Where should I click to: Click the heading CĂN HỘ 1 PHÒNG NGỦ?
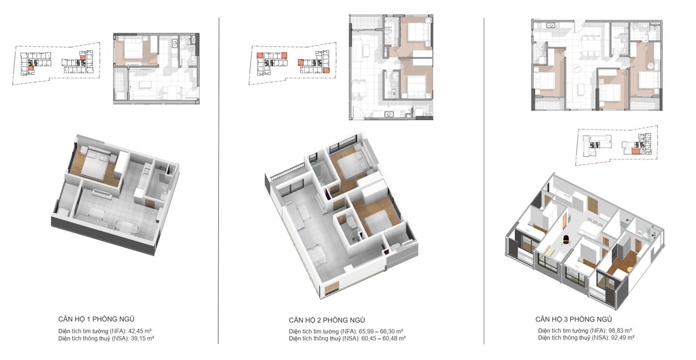[x=96, y=319]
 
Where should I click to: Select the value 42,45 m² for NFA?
[x=140, y=331]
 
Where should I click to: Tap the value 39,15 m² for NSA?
[x=142, y=338]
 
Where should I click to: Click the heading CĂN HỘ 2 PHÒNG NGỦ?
[x=327, y=320]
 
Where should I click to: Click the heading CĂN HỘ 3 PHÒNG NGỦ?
[x=574, y=319]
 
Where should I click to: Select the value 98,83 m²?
[x=620, y=331]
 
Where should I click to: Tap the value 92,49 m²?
[x=622, y=338]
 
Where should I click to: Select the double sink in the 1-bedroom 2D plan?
[x=174, y=44]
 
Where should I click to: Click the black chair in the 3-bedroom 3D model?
[x=566, y=240]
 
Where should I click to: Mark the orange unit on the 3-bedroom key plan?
[x=635, y=152]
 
